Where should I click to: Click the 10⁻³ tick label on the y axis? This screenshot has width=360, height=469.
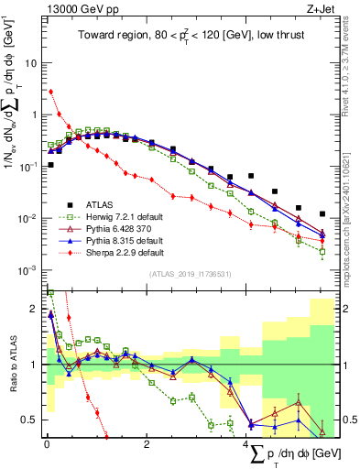[x=29, y=270]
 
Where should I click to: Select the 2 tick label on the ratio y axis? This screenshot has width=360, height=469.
[x=36, y=309]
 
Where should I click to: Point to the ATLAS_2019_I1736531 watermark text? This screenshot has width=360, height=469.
[x=188, y=274]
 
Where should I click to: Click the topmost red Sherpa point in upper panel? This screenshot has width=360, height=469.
[x=50, y=92]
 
